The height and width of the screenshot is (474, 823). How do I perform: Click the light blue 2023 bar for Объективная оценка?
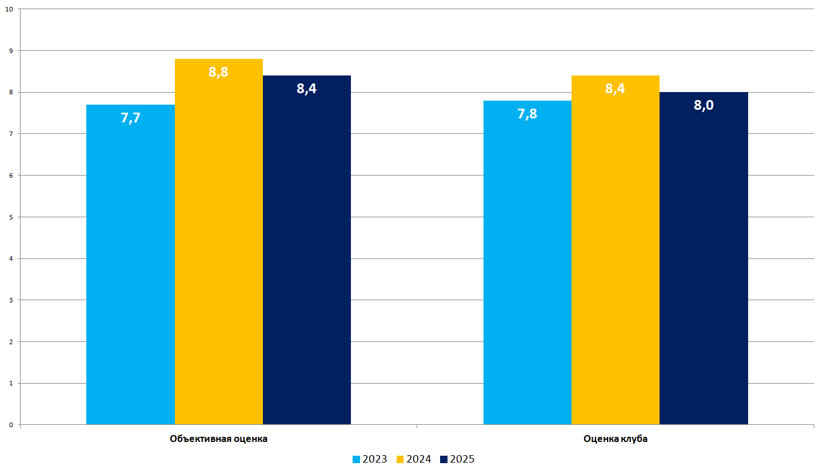(x=130, y=269)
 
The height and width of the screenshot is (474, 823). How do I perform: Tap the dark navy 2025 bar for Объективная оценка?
(x=307, y=257)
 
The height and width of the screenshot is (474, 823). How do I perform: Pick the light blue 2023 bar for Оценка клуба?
(x=527, y=269)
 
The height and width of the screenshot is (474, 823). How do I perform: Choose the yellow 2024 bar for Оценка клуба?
(x=615, y=257)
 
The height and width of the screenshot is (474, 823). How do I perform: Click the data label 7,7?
(x=130, y=118)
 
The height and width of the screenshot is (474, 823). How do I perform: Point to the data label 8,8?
(x=218, y=73)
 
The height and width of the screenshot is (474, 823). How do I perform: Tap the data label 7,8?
(x=527, y=114)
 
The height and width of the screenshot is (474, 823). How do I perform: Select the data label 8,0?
(x=704, y=105)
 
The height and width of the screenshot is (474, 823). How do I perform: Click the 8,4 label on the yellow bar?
(x=615, y=89)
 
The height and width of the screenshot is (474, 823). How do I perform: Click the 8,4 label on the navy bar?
(x=307, y=89)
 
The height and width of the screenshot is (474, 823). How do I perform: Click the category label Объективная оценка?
(x=218, y=439)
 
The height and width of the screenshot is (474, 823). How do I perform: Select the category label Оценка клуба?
(x=616, y=439)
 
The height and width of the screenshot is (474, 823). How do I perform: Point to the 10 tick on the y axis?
(x=9, y=9)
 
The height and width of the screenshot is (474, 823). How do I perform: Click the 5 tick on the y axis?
(x=11, y=217)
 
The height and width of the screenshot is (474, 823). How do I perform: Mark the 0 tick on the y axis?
(x=11, y=425)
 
